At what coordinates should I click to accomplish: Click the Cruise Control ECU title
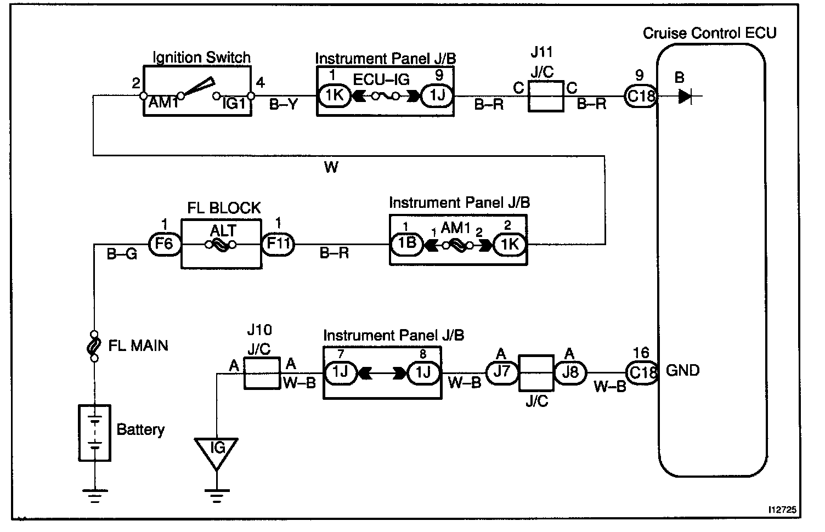709,33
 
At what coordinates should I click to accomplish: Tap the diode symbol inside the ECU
686,97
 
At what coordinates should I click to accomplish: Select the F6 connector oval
165,244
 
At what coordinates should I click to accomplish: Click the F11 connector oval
278,244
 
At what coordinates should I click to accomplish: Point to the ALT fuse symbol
221,245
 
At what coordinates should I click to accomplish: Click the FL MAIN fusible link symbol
94,346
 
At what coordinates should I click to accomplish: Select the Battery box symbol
95,433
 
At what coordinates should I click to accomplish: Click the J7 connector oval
502,372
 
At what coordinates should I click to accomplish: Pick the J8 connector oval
570,372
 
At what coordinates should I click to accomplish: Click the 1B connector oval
406,244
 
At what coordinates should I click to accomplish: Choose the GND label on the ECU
682,370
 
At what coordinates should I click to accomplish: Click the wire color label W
331,167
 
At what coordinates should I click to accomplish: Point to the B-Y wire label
283,105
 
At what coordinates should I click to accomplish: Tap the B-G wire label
122,254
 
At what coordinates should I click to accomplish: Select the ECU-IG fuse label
381,80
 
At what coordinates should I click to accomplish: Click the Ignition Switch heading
201,58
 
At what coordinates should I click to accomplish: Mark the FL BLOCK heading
224,208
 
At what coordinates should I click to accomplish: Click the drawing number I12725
782,510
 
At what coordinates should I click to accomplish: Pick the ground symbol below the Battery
95,496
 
